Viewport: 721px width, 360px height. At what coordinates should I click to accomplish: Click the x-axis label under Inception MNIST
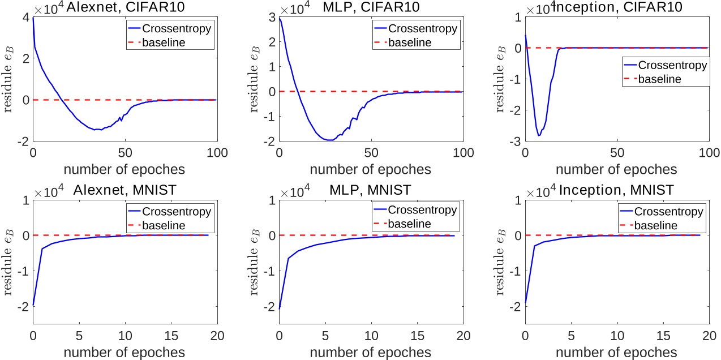(x=616, y=352)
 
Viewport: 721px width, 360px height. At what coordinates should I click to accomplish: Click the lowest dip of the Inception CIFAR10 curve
(x=539, y=135)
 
